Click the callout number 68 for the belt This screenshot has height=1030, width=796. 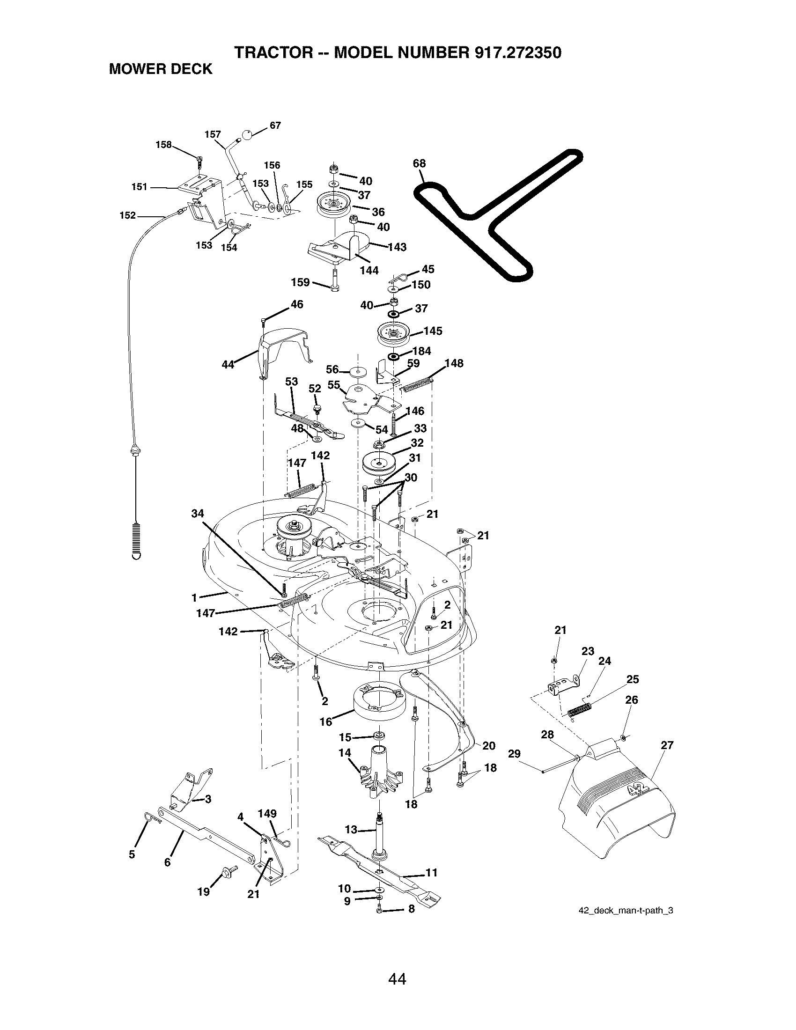419,163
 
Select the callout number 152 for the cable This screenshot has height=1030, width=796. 128,215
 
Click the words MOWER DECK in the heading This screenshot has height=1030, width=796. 161,69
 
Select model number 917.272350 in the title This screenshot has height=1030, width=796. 516,52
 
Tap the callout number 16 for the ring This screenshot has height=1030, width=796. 326,721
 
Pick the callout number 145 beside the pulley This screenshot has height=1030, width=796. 433,331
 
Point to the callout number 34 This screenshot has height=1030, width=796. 198,514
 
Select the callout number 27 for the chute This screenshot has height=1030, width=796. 667,745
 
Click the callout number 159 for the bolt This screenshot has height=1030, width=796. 301,282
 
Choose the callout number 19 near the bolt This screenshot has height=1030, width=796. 204,892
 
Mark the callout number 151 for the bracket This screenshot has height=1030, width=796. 140,187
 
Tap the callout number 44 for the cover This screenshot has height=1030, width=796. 228,365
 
